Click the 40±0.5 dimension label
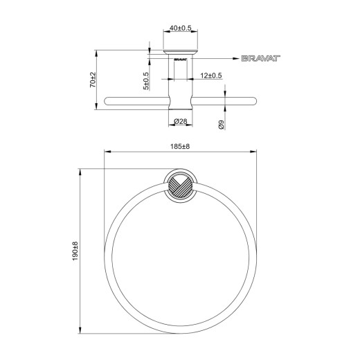(x=181, y=28)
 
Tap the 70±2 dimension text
(x=93, y=80)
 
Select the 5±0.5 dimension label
(x=146, y=81)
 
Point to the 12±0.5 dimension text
(x=211, y=75)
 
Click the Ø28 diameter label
(x=180, y=121)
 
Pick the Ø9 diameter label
(x=221, y=125)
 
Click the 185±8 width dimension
(x=180, y=147)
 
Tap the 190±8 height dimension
(x=75, y=251)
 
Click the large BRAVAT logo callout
(x=261, y=58)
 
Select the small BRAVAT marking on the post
(x=180, y=59)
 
